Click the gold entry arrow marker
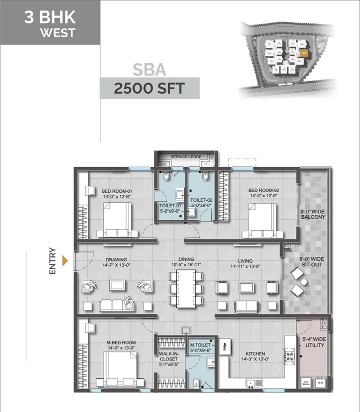(x=64, y=261)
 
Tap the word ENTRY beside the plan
(x=52, y=261)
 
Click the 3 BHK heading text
(x=50, y=18)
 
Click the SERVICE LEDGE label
(x=186, y=157)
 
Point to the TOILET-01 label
(x=169, y=205)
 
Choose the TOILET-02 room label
(x=201, y=200)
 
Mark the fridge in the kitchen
(x=225, y=345)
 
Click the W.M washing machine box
(x=320, y=383)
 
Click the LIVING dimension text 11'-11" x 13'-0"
(x=245, y=267)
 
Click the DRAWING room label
(x=115, y=260)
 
